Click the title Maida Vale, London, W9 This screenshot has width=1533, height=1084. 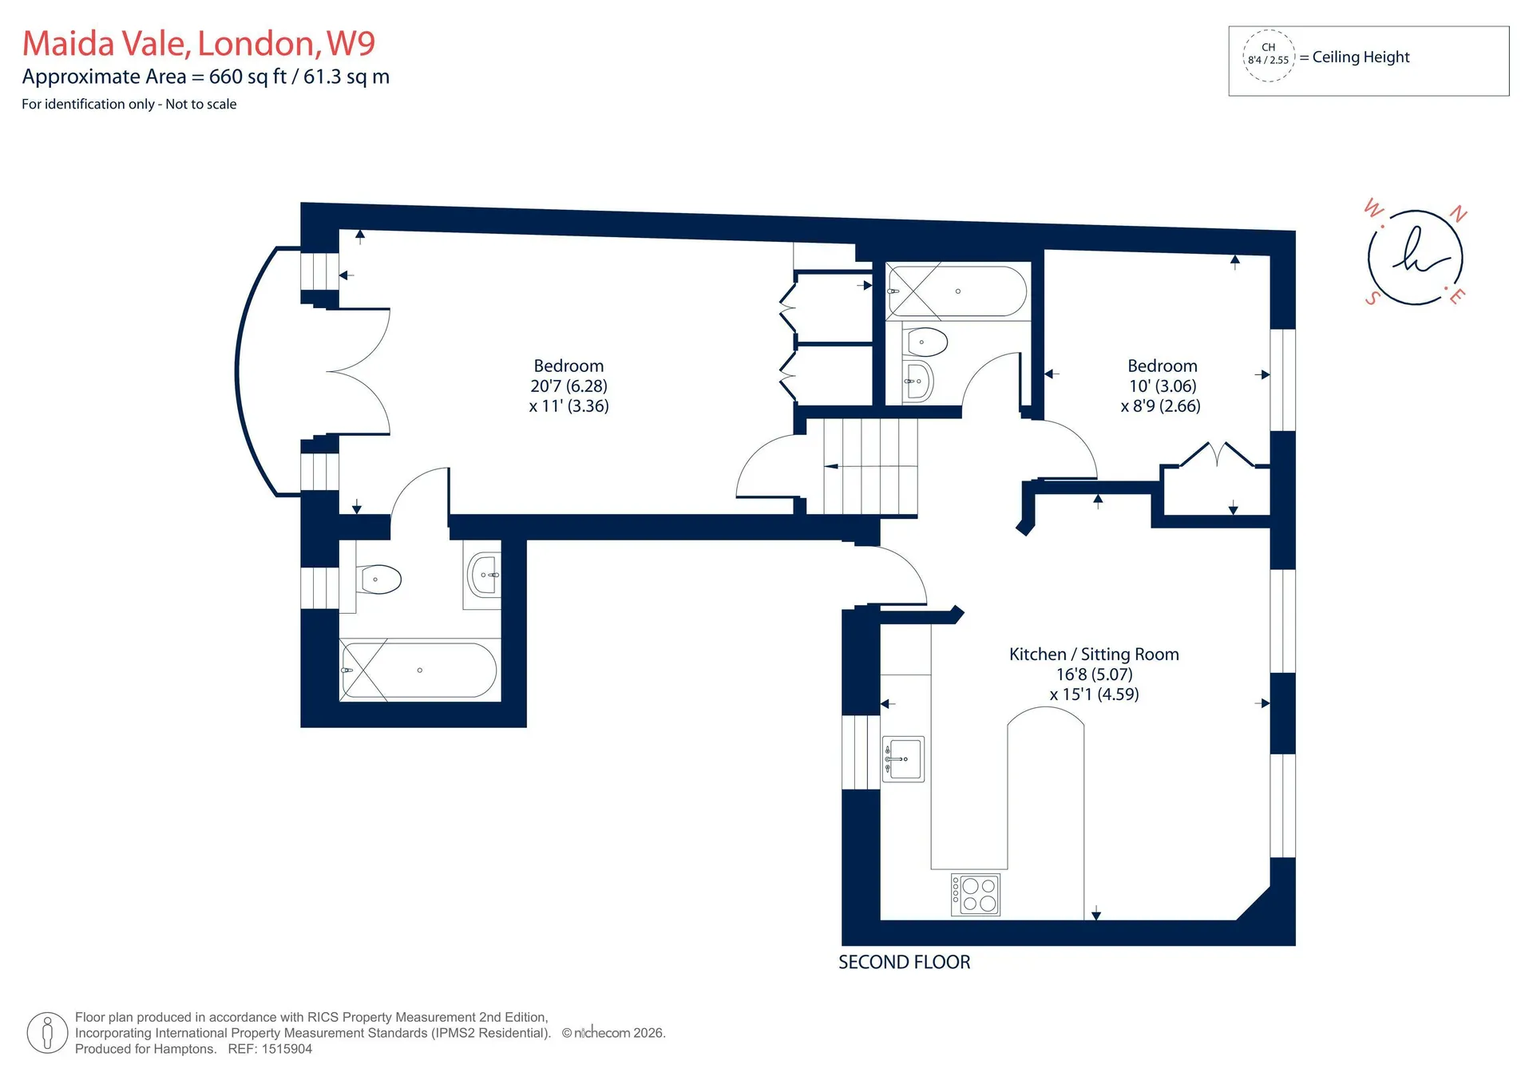pyautogui.click(x=199, y=43)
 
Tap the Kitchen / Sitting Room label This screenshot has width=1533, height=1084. pyautogui.click(x=1094, y=655)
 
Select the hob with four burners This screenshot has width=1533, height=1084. pyautogui.click(x=976, y=895)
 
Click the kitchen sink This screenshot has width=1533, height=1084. pyautogui.click(x=903, y=758)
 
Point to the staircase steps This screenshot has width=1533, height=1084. pyautogui.click(x=862, y=467)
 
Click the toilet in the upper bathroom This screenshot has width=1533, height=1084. pyautogui.click(x=925, y=342)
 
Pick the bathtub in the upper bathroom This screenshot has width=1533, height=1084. pyautogui.click(x=957, y=291)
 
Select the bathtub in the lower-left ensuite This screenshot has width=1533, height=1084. pyautogui.click(x=419, y=670)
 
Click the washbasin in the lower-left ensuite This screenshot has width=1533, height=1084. pyautogui.click(x=484, y=575)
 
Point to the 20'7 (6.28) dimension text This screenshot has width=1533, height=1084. pyautogui.click(x=568, y=386)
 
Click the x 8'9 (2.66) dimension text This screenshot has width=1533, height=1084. pyautogui.click(x=1161, y=406)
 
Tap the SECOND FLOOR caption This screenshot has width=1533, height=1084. pyautogui.click(x=905, y=963)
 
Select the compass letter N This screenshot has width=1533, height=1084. pyautogui.click(x=1459, y=214)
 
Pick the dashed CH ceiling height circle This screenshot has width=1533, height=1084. pyautogui.click(x=1269, y=54)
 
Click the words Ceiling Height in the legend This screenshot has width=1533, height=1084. pyautogui.click(x=1361, y=57)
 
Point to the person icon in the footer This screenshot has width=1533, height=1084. pyautogui.click(x=47, y=1033)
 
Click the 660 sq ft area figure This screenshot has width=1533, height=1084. pyautogui.click(x=248, y=77)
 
